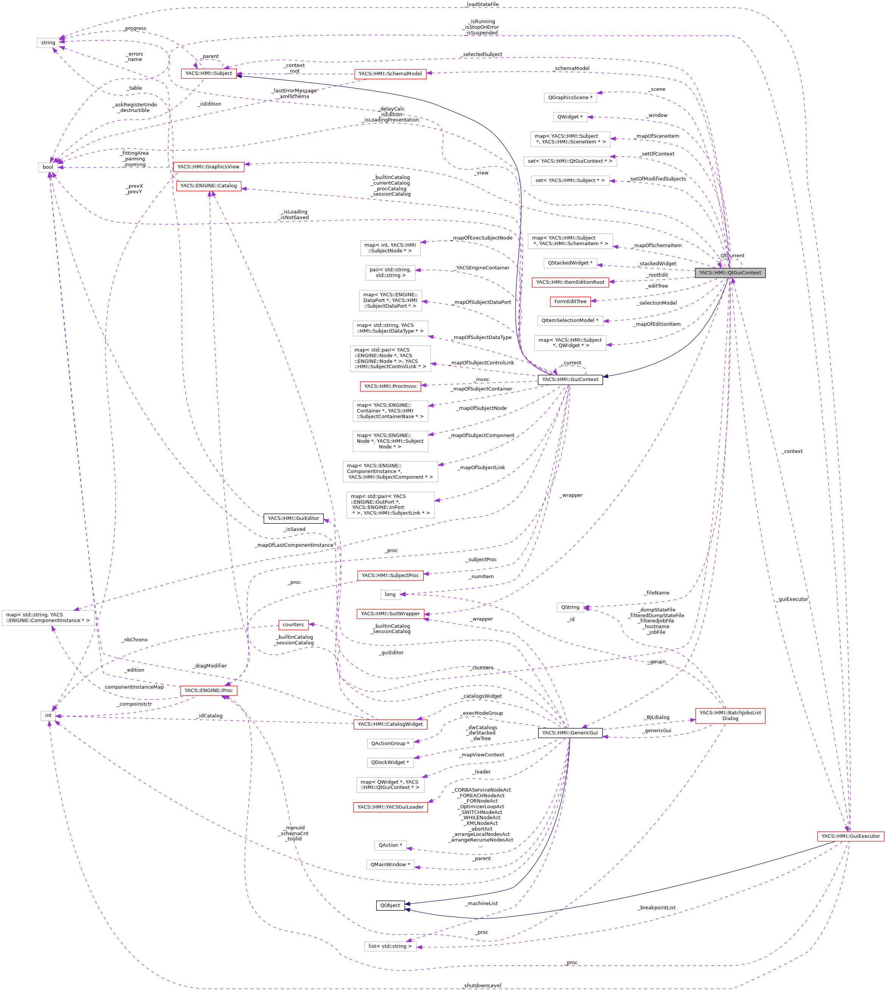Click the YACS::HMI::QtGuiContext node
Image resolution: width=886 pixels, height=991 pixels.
pos(730,272)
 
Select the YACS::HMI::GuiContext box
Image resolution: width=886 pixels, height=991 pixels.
pos(570,380)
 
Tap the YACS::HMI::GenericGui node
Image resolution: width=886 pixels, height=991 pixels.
pos(570,733)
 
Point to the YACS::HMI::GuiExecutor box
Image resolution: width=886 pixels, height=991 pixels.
pos(850,836)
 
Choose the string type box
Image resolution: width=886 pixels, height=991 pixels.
pos(48,43)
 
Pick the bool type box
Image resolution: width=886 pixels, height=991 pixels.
pos(48,167)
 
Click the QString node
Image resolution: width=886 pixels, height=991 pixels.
pos(570,607)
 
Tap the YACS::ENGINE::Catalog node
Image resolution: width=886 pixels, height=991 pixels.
pos(209,185)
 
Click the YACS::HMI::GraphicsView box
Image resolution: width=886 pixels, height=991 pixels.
pos(209,166)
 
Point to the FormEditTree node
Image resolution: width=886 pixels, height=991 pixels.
pos(570,301)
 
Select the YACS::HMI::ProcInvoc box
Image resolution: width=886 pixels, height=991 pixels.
pos(391,386)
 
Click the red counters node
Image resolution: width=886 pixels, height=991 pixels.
pos(293,624)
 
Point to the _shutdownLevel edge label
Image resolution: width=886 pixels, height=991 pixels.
pos(483,986)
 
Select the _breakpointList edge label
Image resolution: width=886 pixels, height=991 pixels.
pos(657,908)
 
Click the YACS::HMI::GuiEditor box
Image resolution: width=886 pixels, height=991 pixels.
pos(293,518)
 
